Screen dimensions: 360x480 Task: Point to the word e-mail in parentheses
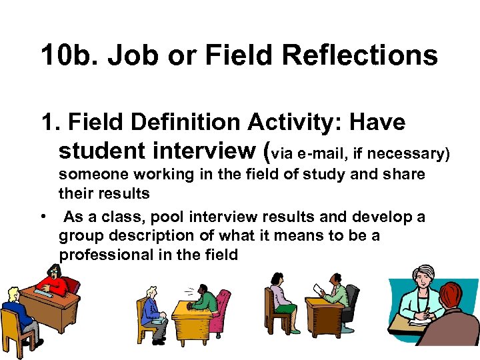pyautogui.click(x=321, y=155)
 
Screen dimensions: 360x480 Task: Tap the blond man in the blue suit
pyautogui.click(x=152, y=311)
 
